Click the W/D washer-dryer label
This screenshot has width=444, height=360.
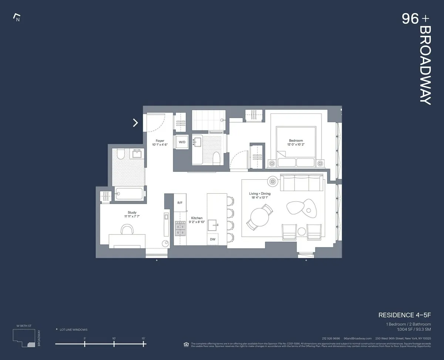[x=182, y=142]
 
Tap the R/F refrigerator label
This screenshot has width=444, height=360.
[x=180, y=203]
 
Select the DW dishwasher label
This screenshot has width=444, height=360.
[x=212, y=239]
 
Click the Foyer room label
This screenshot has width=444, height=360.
[x=160, y=141]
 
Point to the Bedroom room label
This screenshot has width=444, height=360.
[x=296, y=140]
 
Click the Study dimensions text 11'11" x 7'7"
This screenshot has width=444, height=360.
[x=132, y=217]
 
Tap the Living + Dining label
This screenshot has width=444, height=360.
[x=259, y=194]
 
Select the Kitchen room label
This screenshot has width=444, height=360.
[x=196, y=218]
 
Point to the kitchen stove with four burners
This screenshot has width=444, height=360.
[x=180, y=228]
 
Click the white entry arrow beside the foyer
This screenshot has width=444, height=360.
[x=135, y=123]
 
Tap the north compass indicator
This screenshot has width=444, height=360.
[x=16, y=17]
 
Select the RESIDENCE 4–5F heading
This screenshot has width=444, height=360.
[x=404, y=315]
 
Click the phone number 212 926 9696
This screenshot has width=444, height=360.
[x=331, y=338]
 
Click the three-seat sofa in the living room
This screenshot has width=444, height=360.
[x=302, y=182]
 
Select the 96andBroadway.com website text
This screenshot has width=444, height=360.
[x=357, y=338]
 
